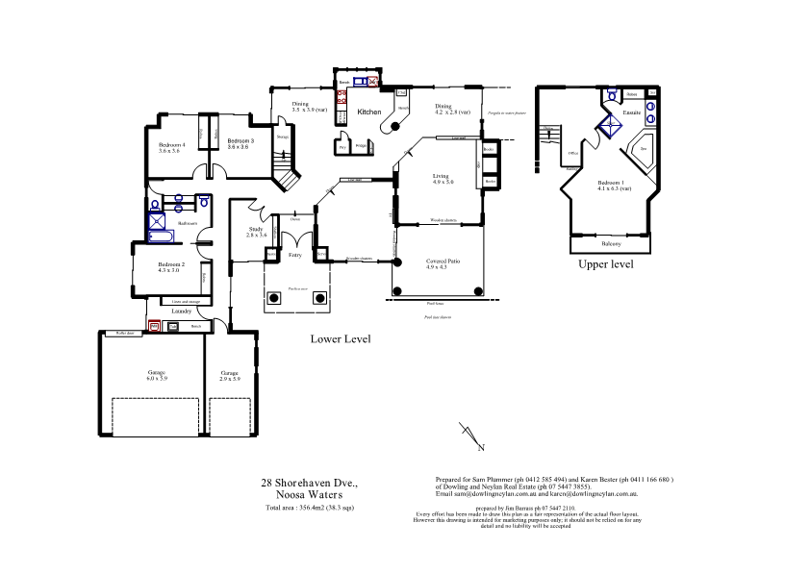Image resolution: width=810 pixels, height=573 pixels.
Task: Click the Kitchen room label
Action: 369,112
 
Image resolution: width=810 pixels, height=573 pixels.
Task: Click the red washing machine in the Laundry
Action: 154,326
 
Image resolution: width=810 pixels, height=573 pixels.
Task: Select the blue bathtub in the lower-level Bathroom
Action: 161,236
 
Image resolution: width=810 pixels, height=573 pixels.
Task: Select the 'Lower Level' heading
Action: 340,339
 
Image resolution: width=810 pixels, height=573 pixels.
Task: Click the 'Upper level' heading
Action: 605,264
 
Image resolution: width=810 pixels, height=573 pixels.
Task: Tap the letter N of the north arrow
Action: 481,448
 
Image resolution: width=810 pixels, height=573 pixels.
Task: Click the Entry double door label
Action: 295,255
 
